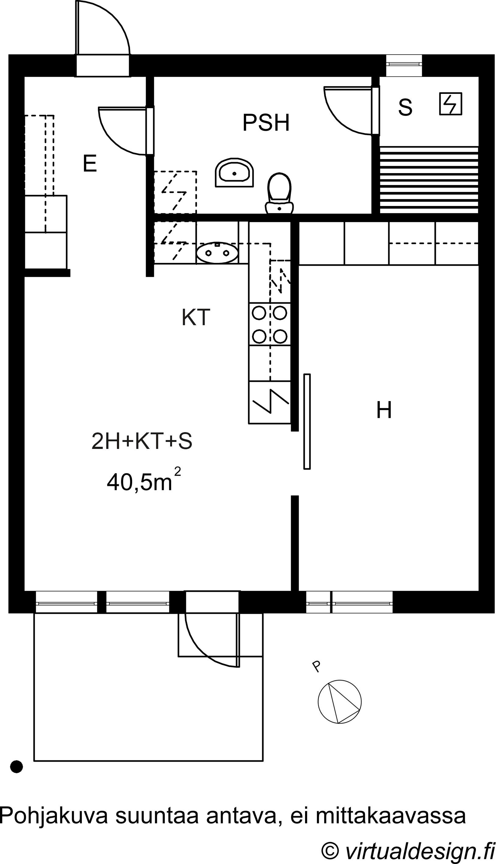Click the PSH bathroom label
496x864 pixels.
point(266,123)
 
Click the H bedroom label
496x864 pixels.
point(384,410)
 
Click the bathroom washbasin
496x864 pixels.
point(235,172)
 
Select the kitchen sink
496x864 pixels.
point(217,253)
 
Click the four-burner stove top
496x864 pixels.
point(270,324)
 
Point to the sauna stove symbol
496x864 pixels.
point(450,104)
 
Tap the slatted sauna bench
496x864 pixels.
point(429,180)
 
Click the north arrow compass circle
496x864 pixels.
point(339,702)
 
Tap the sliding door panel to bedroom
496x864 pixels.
point(307,421)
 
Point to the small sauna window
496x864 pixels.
point(404,64)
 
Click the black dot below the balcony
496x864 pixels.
point(17,767)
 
